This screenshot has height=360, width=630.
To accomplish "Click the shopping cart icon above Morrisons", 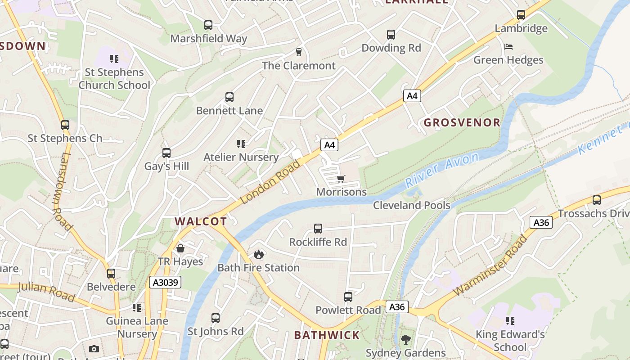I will (x=341, y=179).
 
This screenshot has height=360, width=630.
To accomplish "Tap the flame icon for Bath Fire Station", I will (x=258, y=255).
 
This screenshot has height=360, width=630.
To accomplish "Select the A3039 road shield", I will (x=165, y=282).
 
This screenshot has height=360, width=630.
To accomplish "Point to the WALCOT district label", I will (x=201, y=221).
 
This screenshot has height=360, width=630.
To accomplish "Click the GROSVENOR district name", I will (x=462, y=122).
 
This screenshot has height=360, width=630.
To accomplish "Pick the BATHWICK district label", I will (x=327, y=335).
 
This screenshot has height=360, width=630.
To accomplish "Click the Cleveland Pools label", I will (x=412, y=205).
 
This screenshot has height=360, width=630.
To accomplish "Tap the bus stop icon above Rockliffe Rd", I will (x=318, y=229).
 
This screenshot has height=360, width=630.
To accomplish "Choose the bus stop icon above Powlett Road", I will (x=348, y=297).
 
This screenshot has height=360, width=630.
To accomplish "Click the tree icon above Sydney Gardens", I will (x=406, y=340).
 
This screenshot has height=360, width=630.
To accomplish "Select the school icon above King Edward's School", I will (x=510, y=321).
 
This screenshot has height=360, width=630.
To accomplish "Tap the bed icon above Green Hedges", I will (x=508, y=47).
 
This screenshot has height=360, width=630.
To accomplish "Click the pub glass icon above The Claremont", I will (x=298, y=52).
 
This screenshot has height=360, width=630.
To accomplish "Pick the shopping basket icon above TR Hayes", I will (x=180, y=248).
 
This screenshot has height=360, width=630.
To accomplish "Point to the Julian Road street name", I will (x=46, y=292).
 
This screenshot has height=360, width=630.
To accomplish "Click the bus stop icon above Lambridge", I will (x=521, y=15).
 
